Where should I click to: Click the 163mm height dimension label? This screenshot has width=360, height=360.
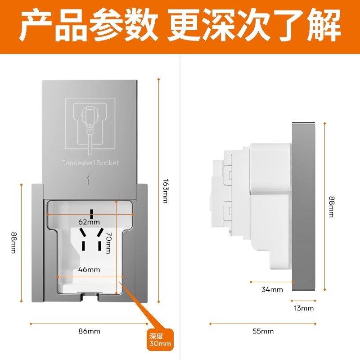tap(165, 191)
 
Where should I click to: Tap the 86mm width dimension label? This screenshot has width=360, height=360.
tap(89, 331)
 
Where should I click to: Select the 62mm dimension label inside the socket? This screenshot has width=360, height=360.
tap(89, 222)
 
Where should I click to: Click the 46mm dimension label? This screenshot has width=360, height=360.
tap(89, 270)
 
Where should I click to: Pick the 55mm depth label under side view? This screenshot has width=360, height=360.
tap(263, 331)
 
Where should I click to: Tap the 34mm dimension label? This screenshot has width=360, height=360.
tap(272, 289)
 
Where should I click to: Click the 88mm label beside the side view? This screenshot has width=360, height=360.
tap(331, 207)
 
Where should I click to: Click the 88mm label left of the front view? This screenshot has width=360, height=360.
tap(13, 243)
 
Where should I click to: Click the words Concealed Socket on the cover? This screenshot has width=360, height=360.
tap(90, 162)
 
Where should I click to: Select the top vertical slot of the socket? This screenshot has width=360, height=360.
tap(91, 213)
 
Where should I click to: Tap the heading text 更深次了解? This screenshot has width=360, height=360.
tap(254, 26)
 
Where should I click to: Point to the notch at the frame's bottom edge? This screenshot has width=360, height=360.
tap(89, 296)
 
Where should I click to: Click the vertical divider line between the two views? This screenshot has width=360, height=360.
tap(180, 202)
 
